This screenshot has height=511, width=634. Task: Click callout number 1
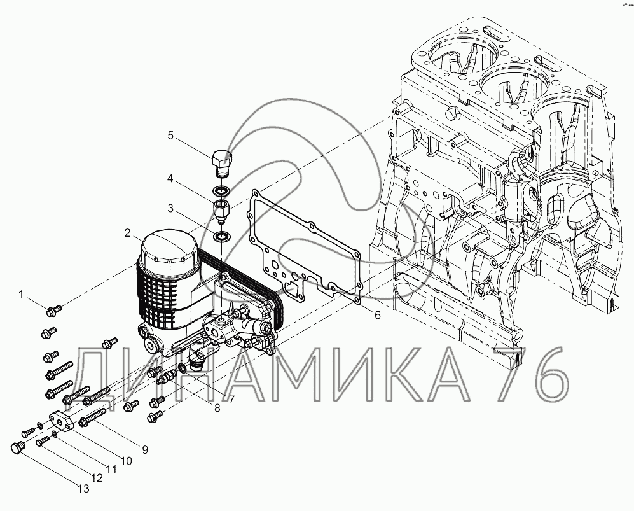pos(22,295)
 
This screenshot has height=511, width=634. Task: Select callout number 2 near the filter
pos(128,233)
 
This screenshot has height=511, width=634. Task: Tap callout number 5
pos(170,135)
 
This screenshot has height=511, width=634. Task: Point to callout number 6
pos(377,315)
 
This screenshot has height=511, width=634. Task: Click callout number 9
pos(145,449)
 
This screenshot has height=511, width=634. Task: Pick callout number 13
pos(83,489)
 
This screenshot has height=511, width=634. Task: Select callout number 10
pos(126,461)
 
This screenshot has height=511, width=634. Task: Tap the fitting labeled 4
pos(221,211)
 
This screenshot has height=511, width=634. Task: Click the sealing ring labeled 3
pos(221,236)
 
